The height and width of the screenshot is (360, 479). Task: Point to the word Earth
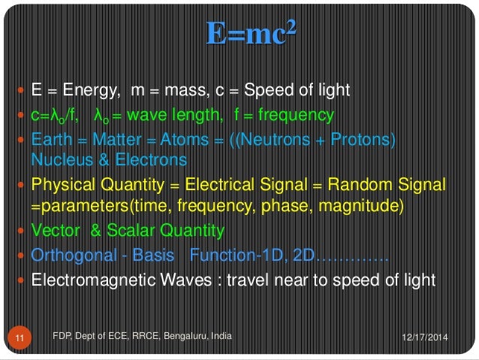[51, 141]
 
